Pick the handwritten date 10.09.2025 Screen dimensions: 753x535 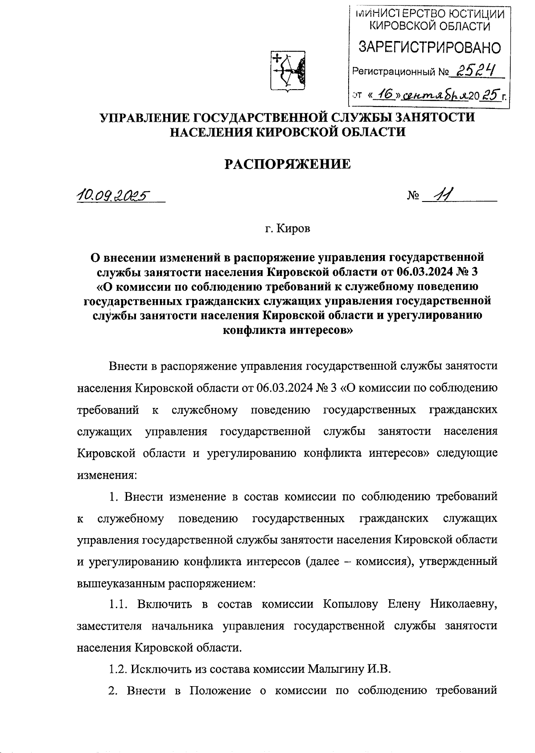coord(114,195)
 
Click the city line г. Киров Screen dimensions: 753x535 coord(287,229)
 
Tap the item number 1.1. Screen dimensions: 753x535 coord(119,605)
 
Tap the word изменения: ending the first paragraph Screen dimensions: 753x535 coord(107,475)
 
